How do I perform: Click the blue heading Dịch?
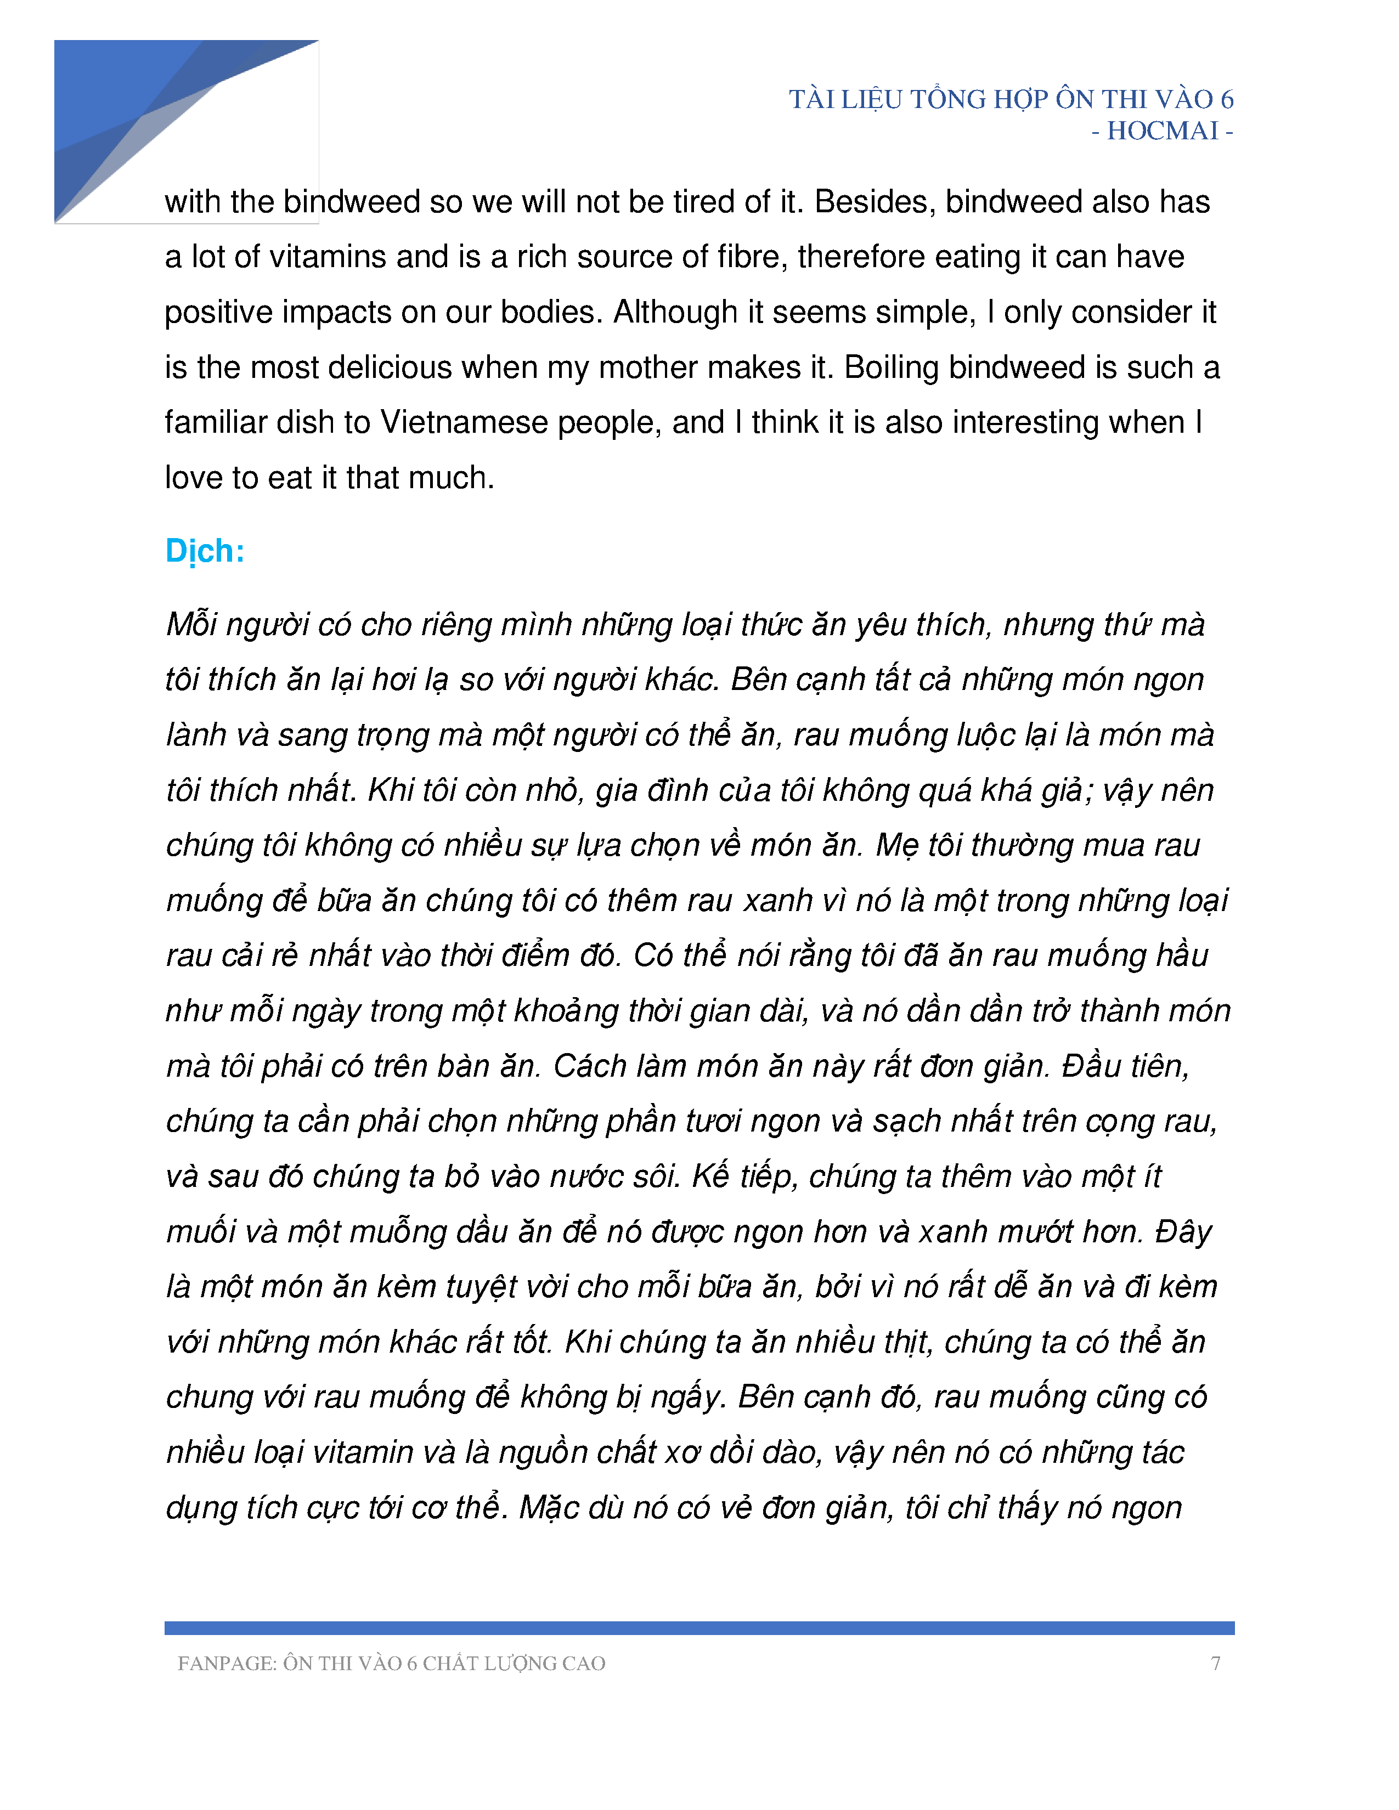pyautogui.click(x=205, y=551)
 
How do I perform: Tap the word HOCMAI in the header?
pyautogui.click(x=1162, y=131)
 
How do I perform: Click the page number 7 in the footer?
pyautogui.click(x=1215, y=1664)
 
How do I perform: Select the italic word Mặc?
pyautogui.click(x=549, y=1507)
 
